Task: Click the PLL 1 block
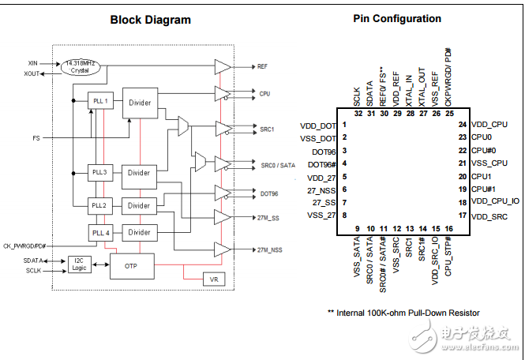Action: tap(99, 100)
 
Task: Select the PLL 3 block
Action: tap(99, 172)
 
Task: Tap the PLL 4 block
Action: tap(99, 233)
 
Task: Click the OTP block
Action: tap(131, 266)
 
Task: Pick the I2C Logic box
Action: tap(80, 264)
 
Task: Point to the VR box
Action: tap(212, 279)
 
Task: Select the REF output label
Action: tap(262, 67)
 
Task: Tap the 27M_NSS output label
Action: tap(268, 249)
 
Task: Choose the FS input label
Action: tap(36, 137)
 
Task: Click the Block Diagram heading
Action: tap(150, 20)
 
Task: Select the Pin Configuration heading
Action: tap(397, 18)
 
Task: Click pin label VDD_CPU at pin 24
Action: tap(489, 125)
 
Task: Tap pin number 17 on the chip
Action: tap(462, 215)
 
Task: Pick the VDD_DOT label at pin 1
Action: tap(318, 126)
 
